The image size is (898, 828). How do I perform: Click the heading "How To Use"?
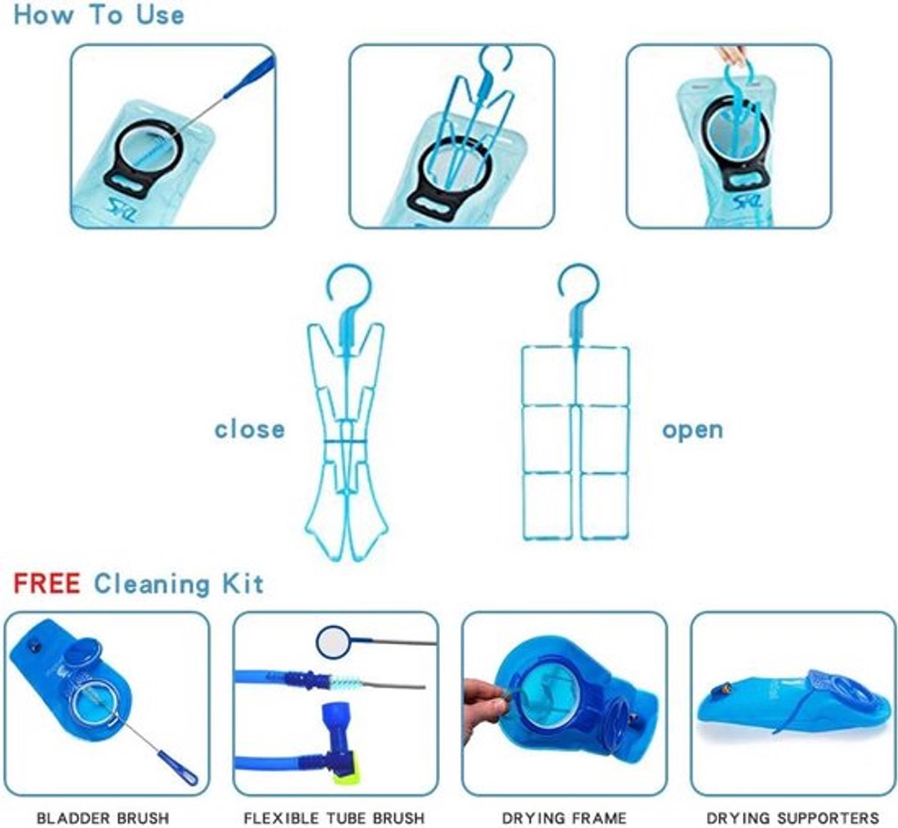[x=99, y=15]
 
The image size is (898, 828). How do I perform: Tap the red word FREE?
[x=47, y=583]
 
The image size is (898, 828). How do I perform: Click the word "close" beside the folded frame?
[x=249, y=429]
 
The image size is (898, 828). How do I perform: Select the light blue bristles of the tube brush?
[x=346, y=686]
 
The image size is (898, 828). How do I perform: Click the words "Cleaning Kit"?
[x=179, y=584]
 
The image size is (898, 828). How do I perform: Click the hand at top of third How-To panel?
[x=733, y=55]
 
